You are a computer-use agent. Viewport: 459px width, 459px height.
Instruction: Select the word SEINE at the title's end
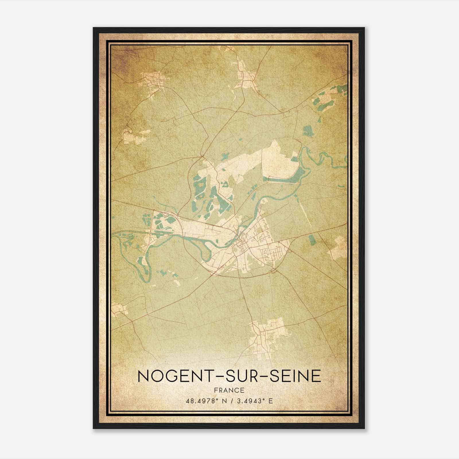[291, 376]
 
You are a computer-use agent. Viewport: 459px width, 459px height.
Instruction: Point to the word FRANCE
[229, 390]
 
